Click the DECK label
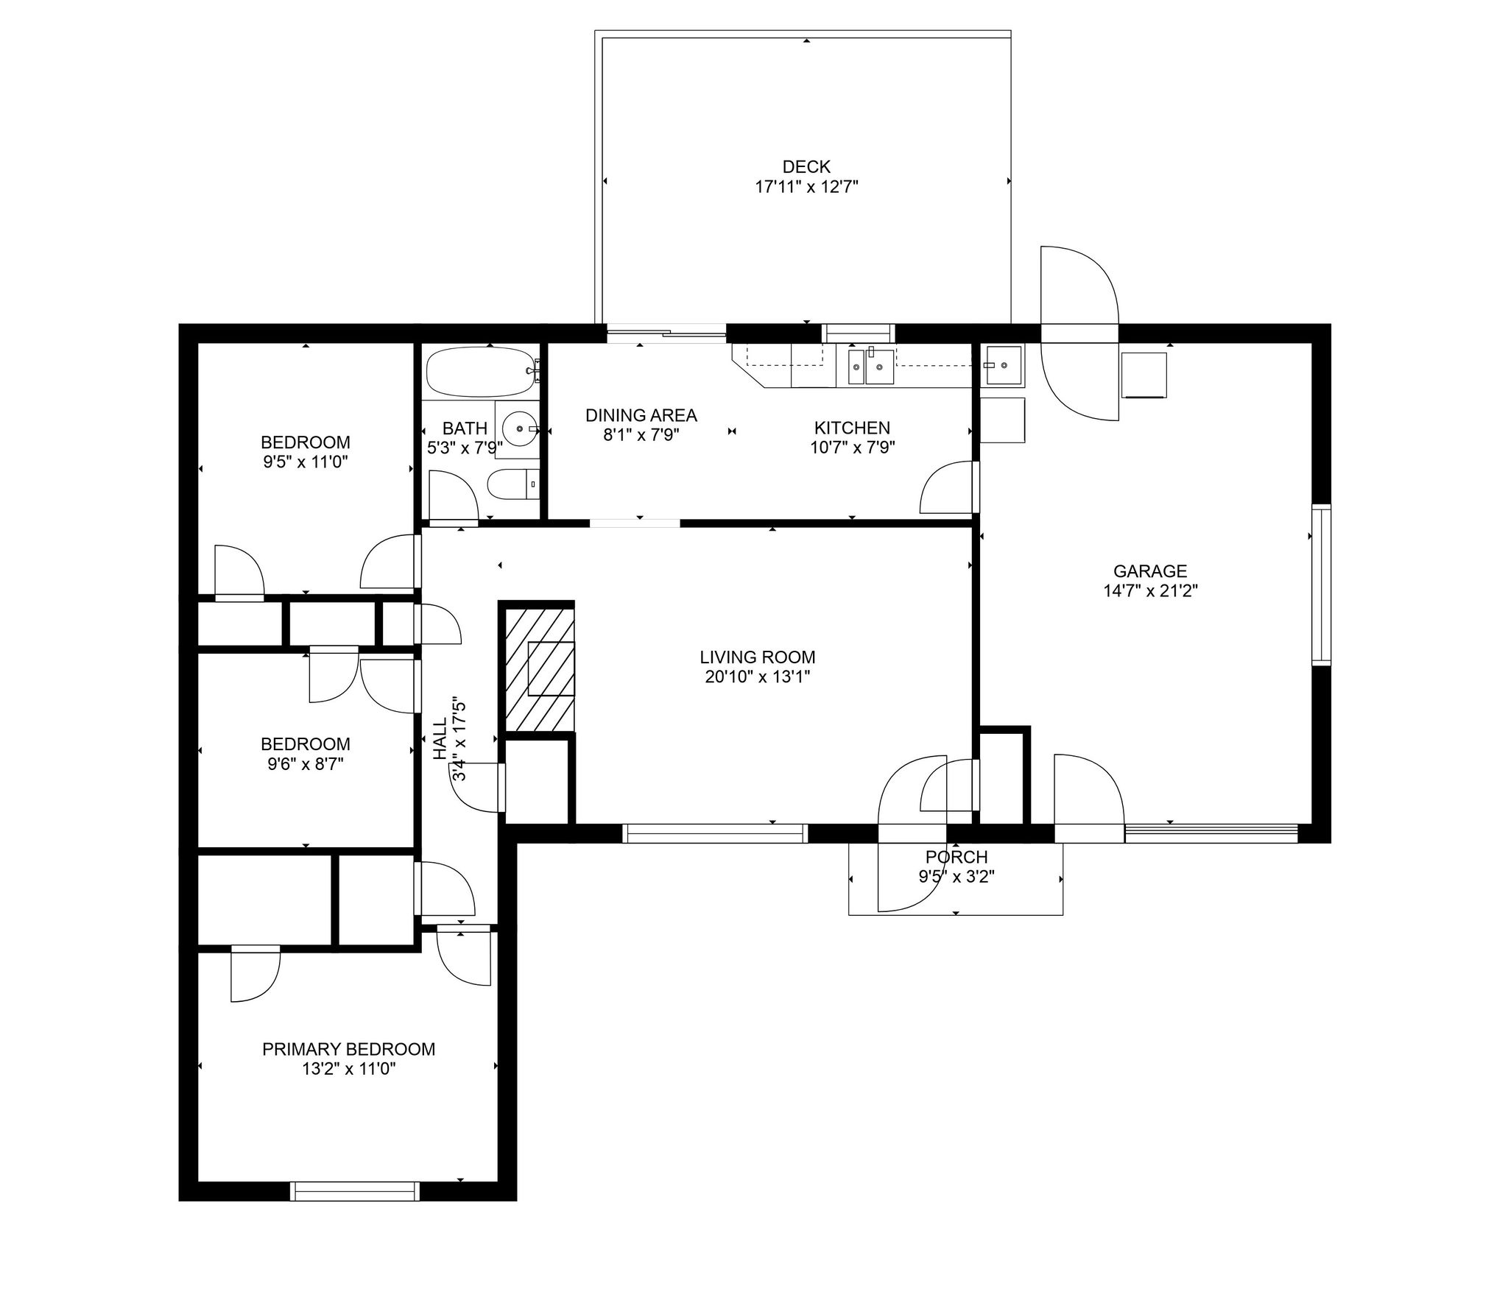coord(806,167)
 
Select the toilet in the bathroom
coord(513,484)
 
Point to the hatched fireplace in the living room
coord(538,668)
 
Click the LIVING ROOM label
coord(758,657)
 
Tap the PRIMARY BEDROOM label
coord(348,1049)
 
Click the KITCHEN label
coord(852,428)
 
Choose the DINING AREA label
coord(641,415)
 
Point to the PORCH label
coord(956,857)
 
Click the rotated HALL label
coord(440,740)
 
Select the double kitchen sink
coord(871,367)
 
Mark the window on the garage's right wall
coord(1322,585)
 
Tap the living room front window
coord(715,833)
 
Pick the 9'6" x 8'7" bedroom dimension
coord(306,764)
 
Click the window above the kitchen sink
coord(859,333)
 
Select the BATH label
coord(465,428)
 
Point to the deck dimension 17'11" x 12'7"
coord(806,187)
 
